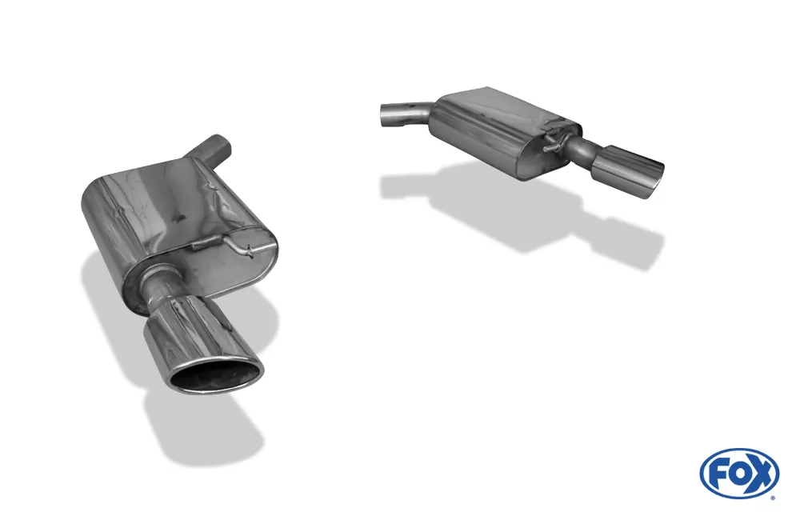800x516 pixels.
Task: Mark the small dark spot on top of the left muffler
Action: tap(184, 217)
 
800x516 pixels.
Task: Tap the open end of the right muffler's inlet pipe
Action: tap(382, 115)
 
